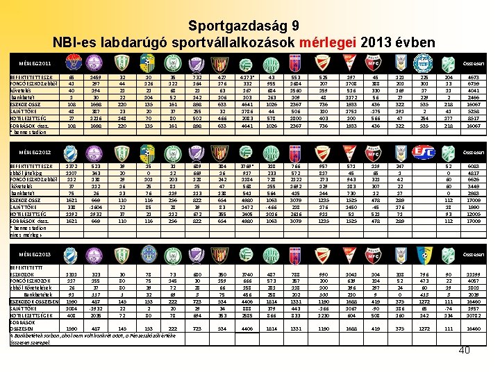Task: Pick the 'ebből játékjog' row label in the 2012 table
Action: pyautogui.click(x=20, y=174)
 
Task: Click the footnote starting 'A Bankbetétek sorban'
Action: pyautogui.click(x=69, y=336)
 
